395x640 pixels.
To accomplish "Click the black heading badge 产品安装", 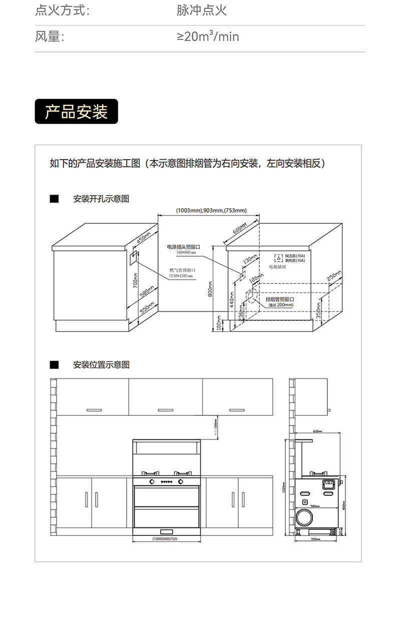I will (x=76, y=112).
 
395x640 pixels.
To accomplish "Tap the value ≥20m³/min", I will (x=208, y=37).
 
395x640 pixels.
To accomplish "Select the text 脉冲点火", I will (x=202, y=11).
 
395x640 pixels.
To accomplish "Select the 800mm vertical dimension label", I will (x=210, y=289).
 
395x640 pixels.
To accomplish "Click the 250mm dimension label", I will (x=334, y=275).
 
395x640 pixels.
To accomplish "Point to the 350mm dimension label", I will (x=318, y=310).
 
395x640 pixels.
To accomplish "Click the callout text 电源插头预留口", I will (x=183, y=247).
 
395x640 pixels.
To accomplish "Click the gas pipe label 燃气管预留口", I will (x=182, y=270).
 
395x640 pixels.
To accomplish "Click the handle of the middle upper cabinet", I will (x=165, y=410).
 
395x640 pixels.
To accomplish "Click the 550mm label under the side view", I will (x=315, y=539).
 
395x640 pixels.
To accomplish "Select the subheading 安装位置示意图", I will (x=101, y=365).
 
